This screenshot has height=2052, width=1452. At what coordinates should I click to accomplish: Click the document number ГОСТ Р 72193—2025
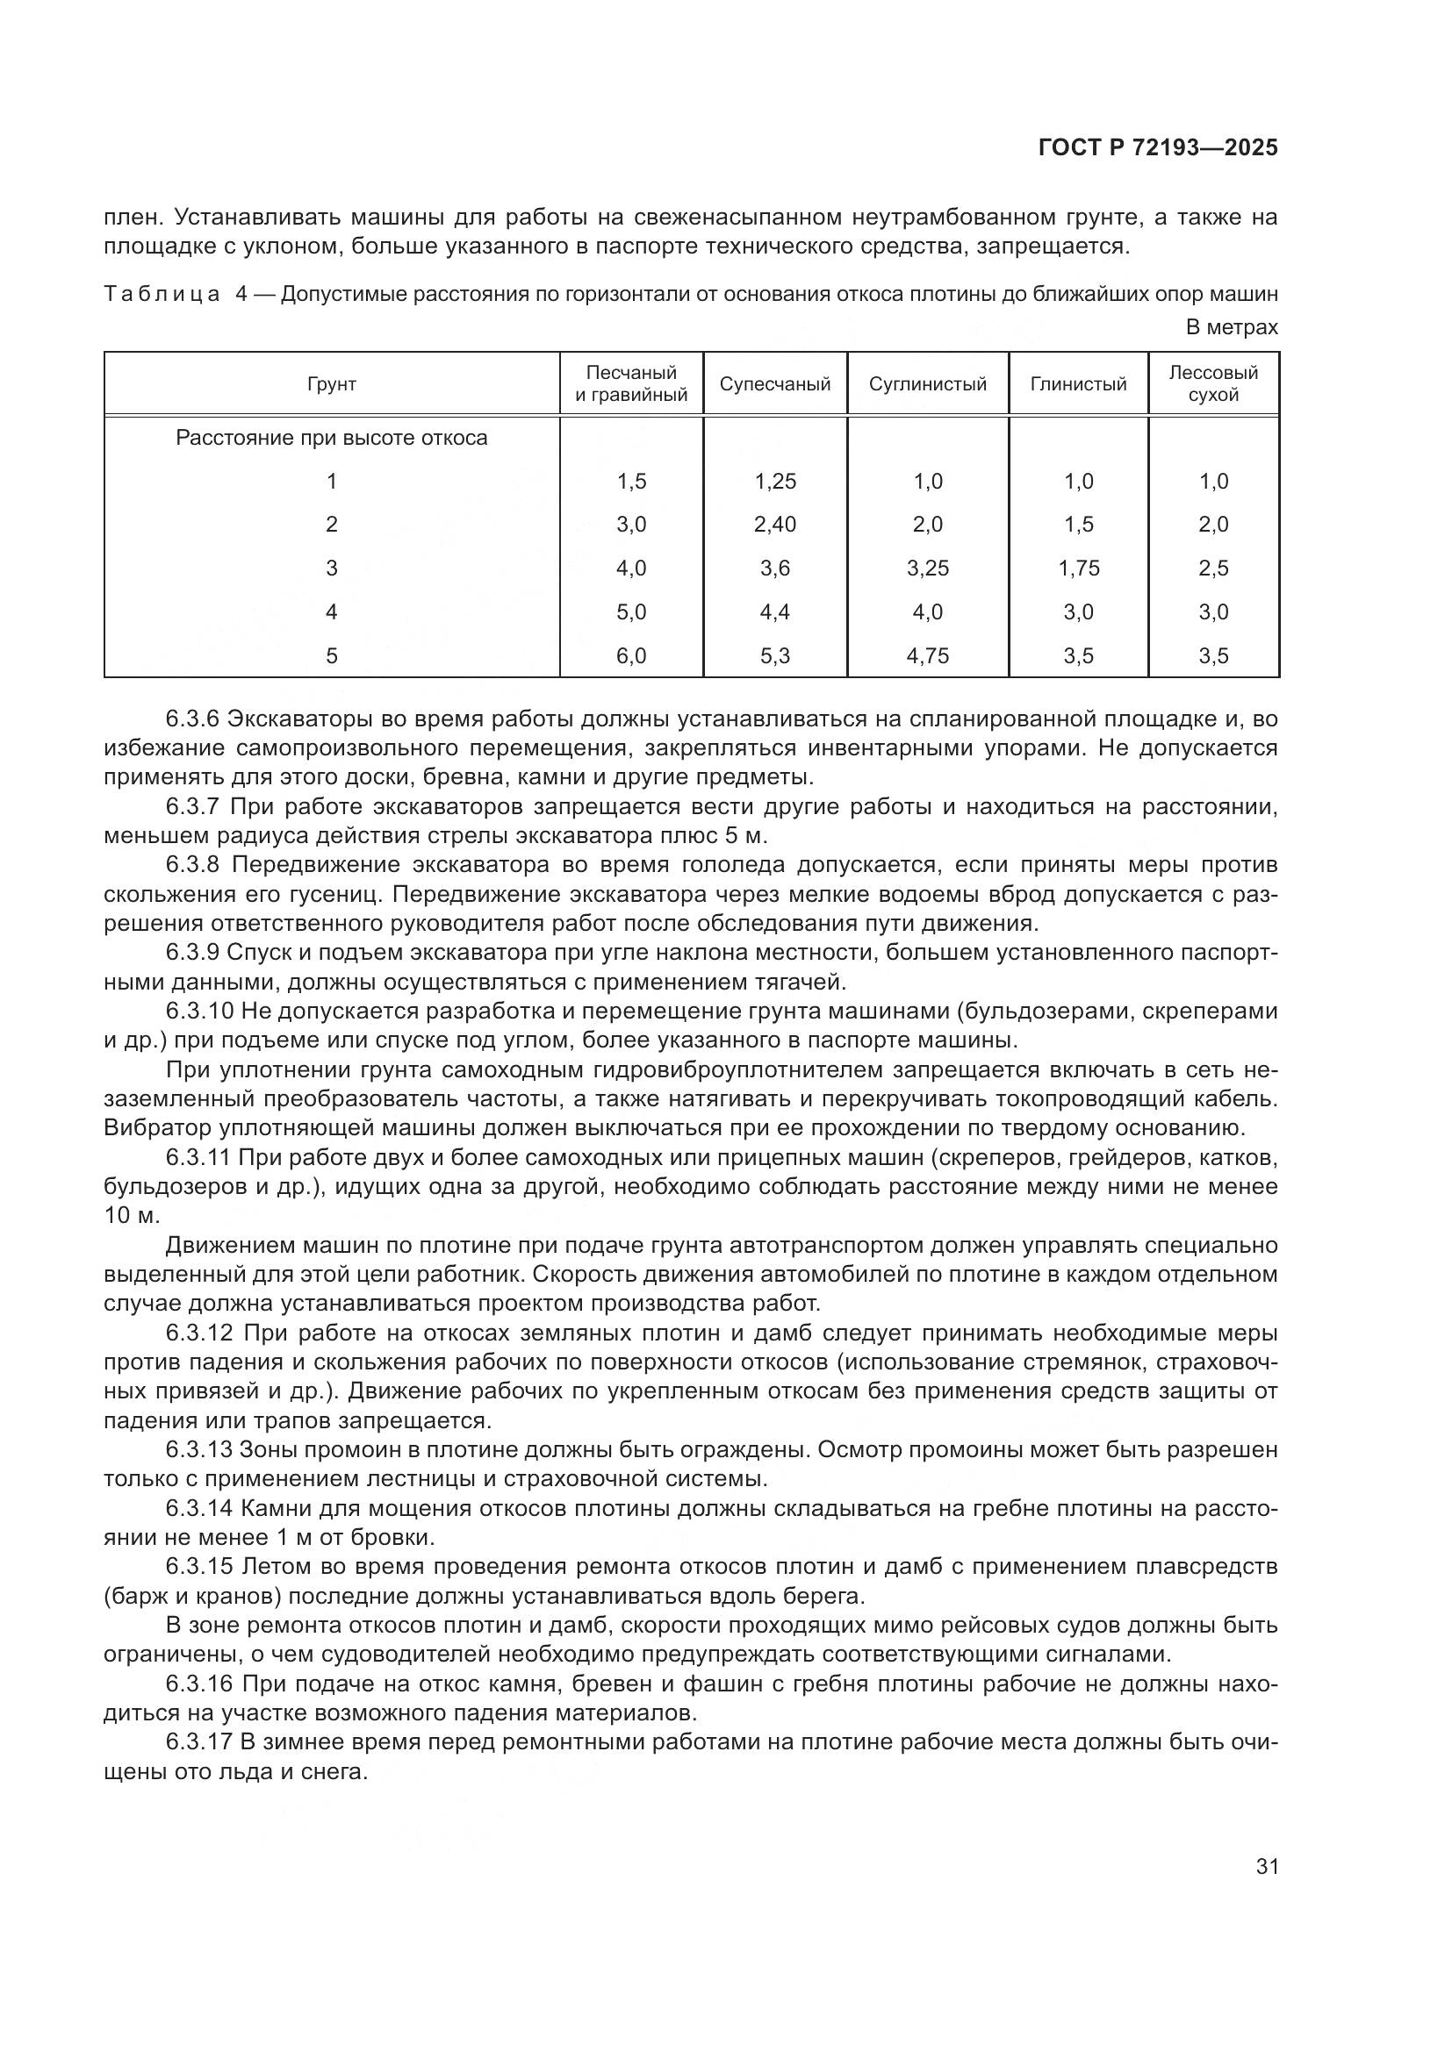click(1158, 148)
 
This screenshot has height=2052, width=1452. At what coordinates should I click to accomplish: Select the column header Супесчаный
click(774, 384)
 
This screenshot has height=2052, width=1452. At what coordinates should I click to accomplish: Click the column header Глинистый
click(1077, 384)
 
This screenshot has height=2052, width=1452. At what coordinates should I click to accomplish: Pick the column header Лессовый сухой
click(1212, 383)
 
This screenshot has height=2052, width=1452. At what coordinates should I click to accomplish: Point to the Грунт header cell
click(332, 384)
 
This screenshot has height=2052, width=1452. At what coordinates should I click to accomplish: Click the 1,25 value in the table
click(774, 482)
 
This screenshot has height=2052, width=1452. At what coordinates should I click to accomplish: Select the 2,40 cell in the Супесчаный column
click(774, 525)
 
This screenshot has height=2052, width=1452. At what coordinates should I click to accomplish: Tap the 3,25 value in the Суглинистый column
click(927, 568)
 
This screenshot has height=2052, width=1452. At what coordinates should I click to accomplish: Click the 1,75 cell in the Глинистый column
click(1078, 568)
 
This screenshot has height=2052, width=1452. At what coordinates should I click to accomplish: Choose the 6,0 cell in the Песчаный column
click(631, 656)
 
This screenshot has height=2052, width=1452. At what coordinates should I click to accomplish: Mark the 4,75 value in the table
click(927, 656)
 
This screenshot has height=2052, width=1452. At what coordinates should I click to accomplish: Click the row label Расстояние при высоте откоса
click(332, 439)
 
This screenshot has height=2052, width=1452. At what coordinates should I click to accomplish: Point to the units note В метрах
click(1231, 328)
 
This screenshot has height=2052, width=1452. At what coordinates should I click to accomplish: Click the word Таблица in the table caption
click(162, 294)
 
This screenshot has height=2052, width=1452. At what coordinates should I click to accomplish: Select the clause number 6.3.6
click(194, 719)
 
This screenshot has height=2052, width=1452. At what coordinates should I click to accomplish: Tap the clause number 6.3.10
click(199, 1011)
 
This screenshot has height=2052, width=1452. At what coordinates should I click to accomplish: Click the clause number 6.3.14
click(199, 1509)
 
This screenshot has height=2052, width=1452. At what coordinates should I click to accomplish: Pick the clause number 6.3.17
click(199, 1742)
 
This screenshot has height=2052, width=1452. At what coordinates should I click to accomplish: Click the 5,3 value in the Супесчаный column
click(774, 656)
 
